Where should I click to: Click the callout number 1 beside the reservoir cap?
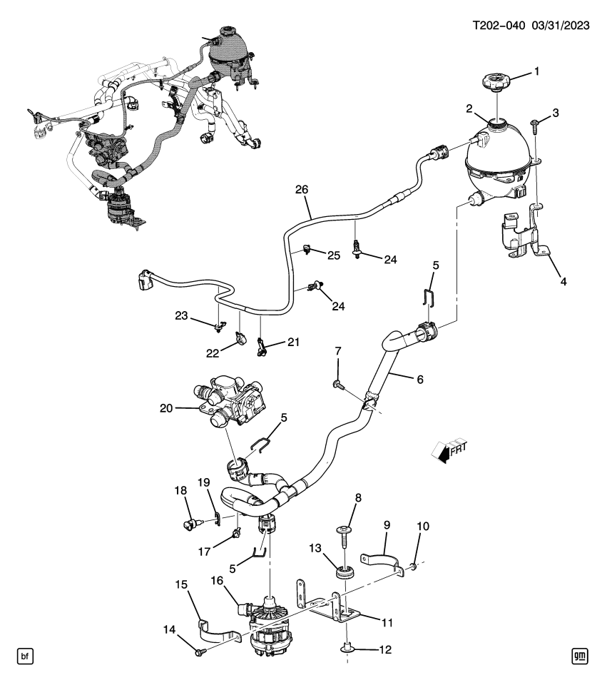point(538,71)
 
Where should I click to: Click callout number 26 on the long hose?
point(302,190)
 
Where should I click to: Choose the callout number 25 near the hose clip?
point(335,255)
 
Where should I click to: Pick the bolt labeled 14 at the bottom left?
point(199,651)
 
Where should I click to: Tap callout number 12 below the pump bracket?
point(385,650)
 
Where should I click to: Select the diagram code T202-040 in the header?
point(499,26)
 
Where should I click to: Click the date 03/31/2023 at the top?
point(559,26)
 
